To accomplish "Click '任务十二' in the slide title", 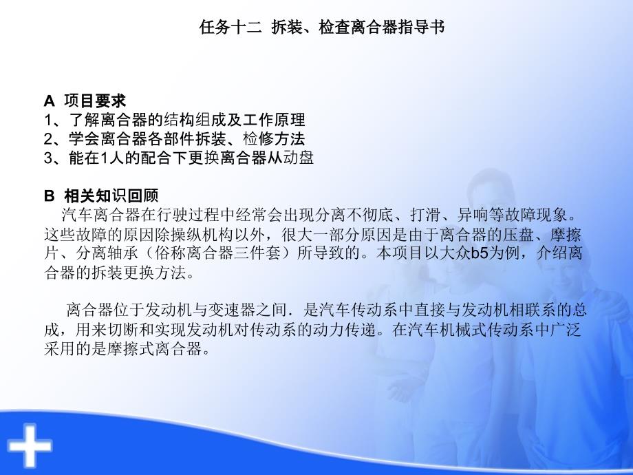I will (x=222, y=29).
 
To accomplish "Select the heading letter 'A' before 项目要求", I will (x=48, y=101).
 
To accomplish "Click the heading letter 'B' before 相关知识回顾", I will (x=48, y=195).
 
